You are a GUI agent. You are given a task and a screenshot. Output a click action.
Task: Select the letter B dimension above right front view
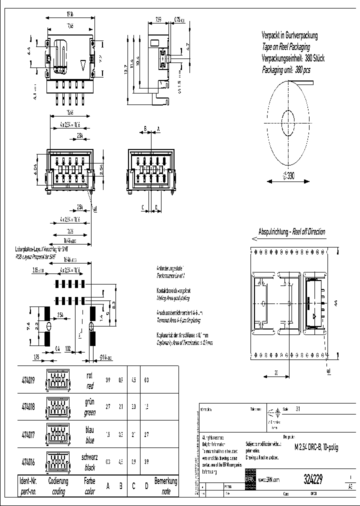tap(145, 128)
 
